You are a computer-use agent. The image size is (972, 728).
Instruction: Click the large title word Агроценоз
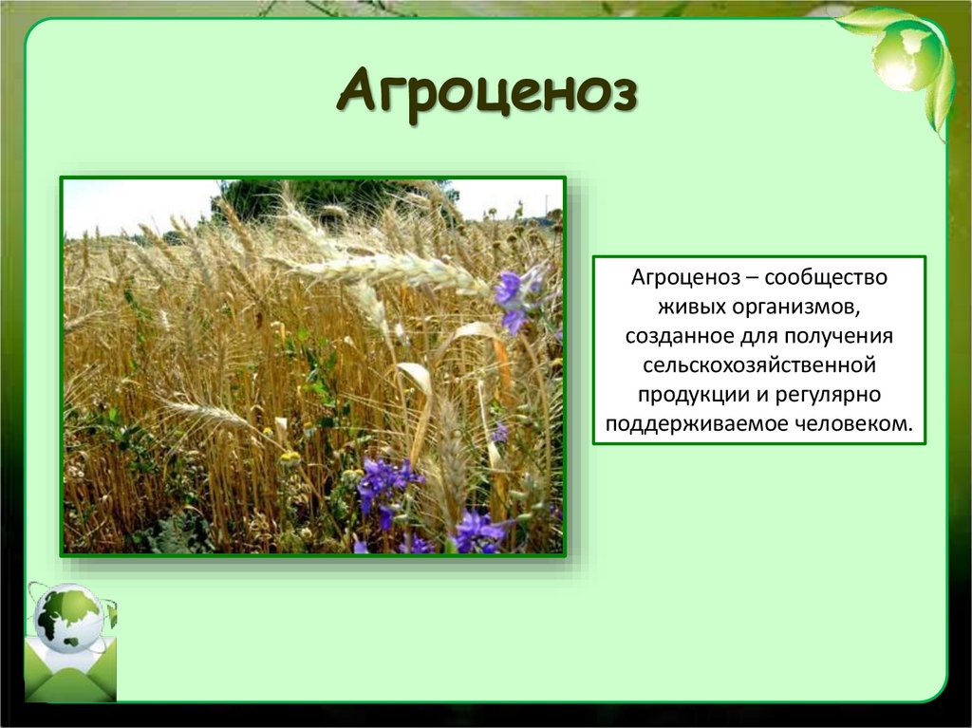pos(485,96)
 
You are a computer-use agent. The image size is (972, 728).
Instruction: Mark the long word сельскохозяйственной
pos(758,365)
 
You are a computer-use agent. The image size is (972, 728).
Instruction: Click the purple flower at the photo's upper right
pos(513,294)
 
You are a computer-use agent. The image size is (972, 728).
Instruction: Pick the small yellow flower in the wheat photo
pos(290,457)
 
